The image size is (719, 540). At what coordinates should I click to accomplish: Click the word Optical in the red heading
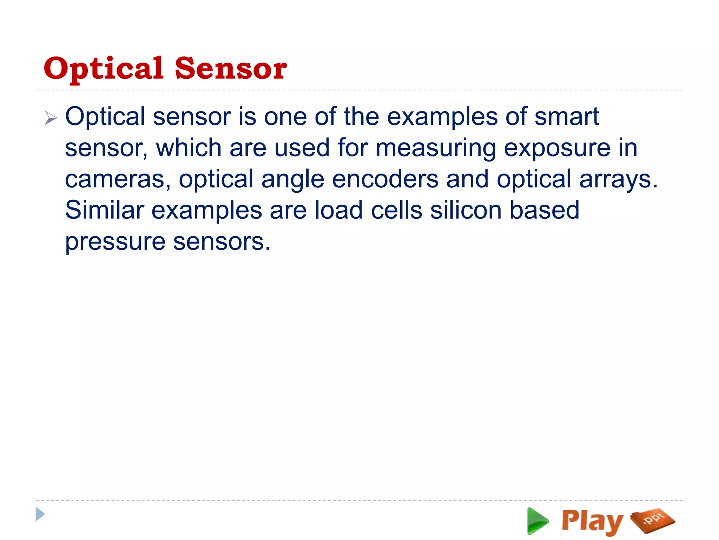click(x=104, y=69)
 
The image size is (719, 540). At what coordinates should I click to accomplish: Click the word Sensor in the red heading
click(x=231, y=69)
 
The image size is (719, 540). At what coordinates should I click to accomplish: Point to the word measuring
click(x=435, y=148)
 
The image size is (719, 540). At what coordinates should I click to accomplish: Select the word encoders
click(x=385, y=179)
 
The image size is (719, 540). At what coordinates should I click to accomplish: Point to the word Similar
click(x=104, y=210)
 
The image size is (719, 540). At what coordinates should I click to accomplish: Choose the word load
click(x=338, y=210)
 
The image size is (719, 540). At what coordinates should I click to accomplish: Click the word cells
click(x=396, y=210)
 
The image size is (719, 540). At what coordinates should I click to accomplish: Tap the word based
click(x=544, y=210)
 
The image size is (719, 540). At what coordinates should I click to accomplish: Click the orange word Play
click(x=592, y=521)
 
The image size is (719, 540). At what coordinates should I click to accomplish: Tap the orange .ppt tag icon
click(x=653, y=520)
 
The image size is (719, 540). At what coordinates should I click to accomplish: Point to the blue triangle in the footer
click(x=40, y=514)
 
